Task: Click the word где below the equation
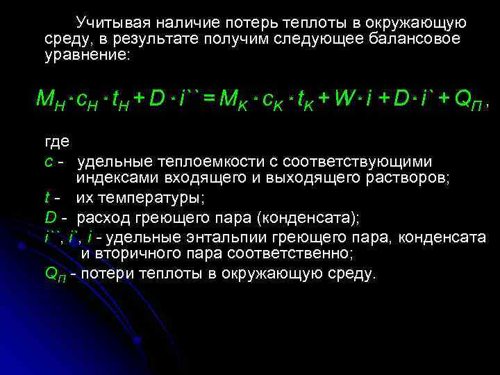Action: click(55, 143)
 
